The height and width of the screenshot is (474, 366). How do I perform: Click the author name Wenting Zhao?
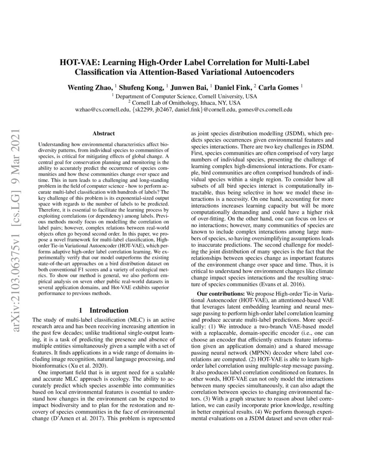[87, 87]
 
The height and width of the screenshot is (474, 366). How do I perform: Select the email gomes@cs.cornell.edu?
[266, 110]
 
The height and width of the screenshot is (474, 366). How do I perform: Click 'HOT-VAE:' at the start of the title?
[78, 62]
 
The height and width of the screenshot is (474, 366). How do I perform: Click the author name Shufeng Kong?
[138, 87]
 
